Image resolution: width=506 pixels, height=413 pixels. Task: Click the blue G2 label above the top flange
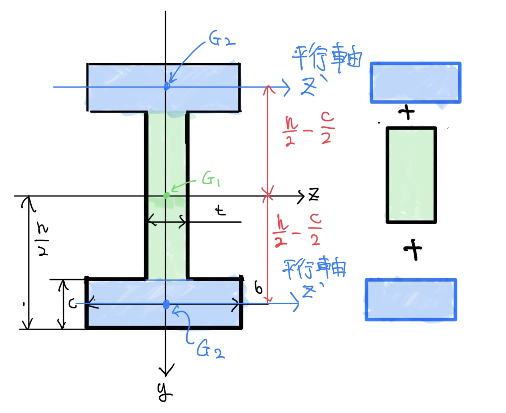tap(222, 39)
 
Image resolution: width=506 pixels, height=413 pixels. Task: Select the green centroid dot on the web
tap(166, 196)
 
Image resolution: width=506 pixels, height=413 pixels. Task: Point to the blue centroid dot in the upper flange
tap(167, 86)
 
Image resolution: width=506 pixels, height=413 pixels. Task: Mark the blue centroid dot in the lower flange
tap(166, 304)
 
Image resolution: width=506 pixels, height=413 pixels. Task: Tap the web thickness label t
tap(220, 210)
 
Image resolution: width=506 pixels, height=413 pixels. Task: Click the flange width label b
tap(258, 288)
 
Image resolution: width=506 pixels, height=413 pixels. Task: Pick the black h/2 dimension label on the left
tap(43, 239)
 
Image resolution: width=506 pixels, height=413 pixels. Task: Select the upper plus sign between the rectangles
tap(406, 113)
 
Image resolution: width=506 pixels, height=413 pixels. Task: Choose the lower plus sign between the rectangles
tap(412, 249)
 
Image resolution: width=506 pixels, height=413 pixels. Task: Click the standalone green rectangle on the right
tap(411, 175)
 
